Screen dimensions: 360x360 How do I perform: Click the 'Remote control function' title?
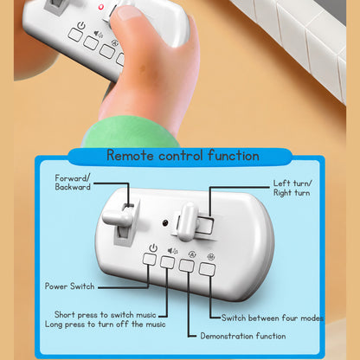(x=183, y=156)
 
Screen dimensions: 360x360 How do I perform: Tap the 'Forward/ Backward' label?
(x=73, y=183)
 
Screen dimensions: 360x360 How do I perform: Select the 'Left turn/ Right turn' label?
(x=292, y=188)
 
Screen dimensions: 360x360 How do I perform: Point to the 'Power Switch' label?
(x=69, y=286)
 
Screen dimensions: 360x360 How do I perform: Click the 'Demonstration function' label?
(x=243, y=336)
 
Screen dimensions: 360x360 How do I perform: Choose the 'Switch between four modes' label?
(x=273, y=318)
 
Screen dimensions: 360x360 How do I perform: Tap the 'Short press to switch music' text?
(x=106, y=314)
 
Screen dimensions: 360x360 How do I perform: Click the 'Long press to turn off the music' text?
(x=106, y=325)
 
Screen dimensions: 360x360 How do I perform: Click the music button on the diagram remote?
(x=167, y=262)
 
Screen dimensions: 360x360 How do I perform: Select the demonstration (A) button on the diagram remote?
(x=186, y=266)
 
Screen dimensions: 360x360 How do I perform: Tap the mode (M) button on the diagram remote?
(x=207, y=269)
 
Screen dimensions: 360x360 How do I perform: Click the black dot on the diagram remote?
(x=165, y=222)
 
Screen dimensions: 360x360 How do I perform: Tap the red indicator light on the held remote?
(x=100, y=7)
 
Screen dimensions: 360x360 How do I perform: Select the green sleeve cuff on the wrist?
(x=131, y=132)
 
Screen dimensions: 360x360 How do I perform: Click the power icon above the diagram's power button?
(x=153, y=248)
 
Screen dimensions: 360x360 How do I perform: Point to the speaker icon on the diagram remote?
(x=173, y=251)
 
